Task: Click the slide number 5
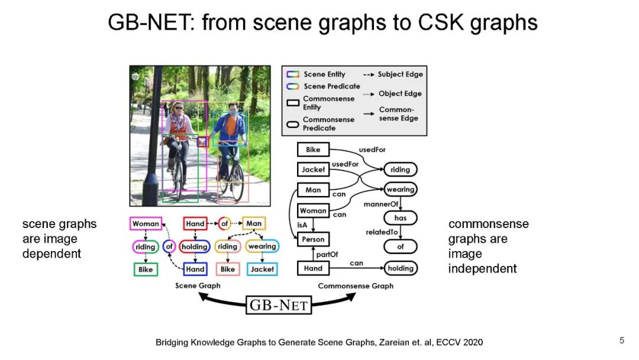[621, 340]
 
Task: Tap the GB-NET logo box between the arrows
[279, 305]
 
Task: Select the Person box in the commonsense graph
[313, 239]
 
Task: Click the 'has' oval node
[401, 218]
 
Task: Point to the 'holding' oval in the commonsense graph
[401, 268]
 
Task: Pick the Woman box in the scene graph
[146, 224]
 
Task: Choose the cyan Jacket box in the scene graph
[262, 269]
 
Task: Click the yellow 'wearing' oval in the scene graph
[262, 246]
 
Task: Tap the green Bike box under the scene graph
[146, 269]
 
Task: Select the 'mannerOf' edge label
[386, 204]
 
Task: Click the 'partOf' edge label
[327, 254]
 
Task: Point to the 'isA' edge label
[302, 224]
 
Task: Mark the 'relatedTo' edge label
[382, 232]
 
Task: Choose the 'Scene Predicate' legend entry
[331, 86]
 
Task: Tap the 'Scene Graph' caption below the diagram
[198, 286]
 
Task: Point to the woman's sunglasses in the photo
[179, 109]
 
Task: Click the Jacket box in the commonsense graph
[313, 169]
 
